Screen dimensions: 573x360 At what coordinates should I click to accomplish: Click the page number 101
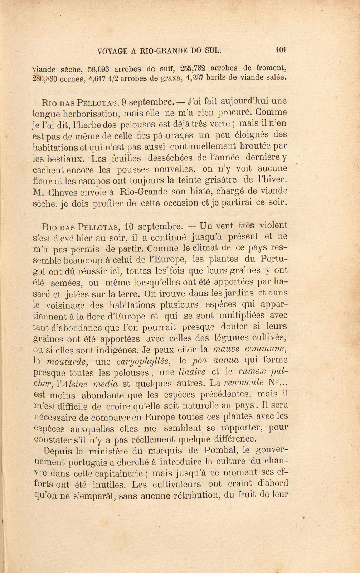coord(281,50)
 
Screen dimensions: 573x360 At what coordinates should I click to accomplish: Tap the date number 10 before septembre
coord(129,227)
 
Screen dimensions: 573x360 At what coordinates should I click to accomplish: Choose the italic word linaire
coord(192,372)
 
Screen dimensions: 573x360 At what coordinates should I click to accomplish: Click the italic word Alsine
coord(77,384)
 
